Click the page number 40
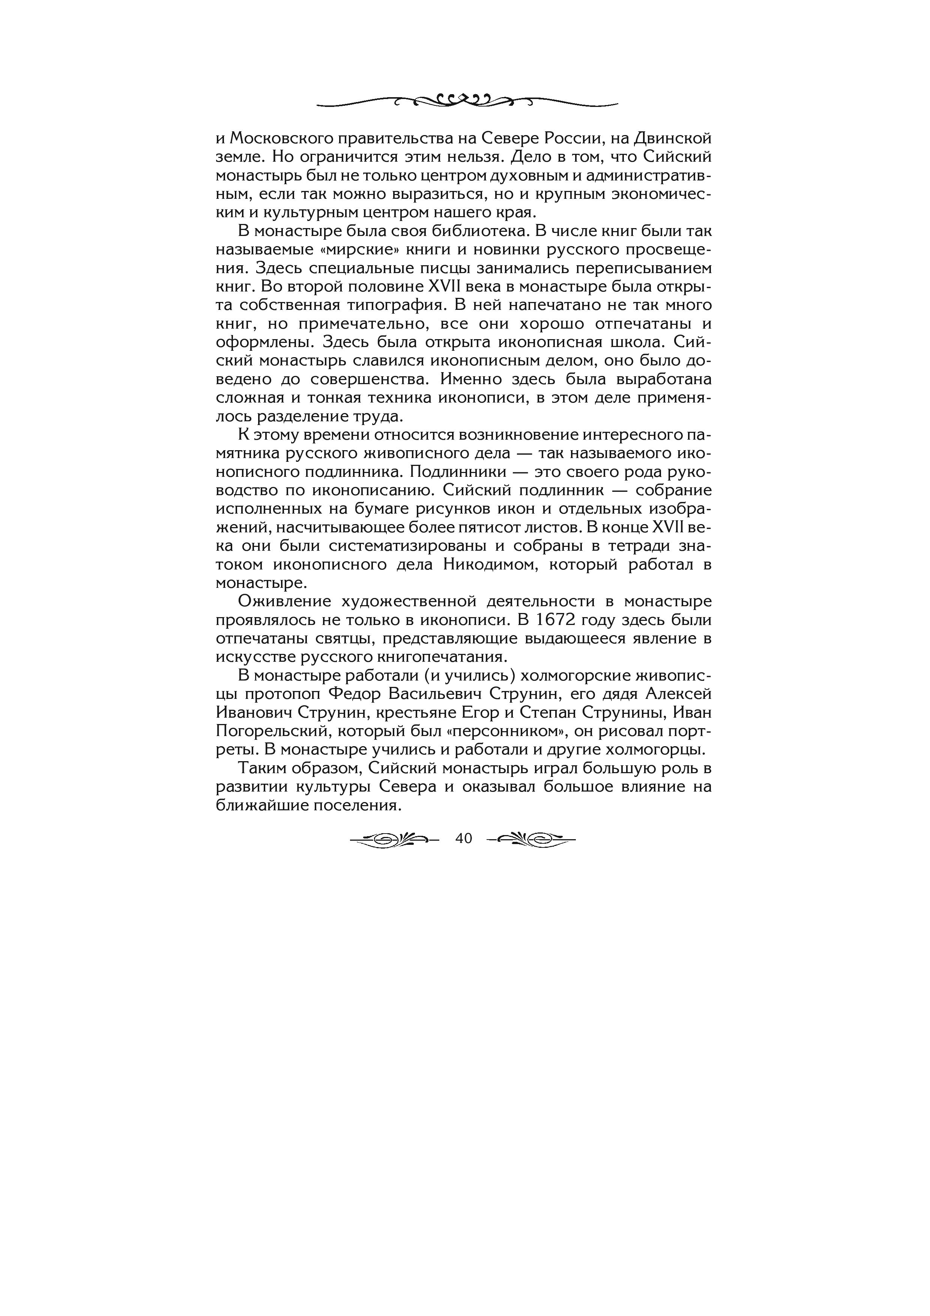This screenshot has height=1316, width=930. (x=463, y=838)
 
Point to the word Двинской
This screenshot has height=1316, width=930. (x=672, y=139)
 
